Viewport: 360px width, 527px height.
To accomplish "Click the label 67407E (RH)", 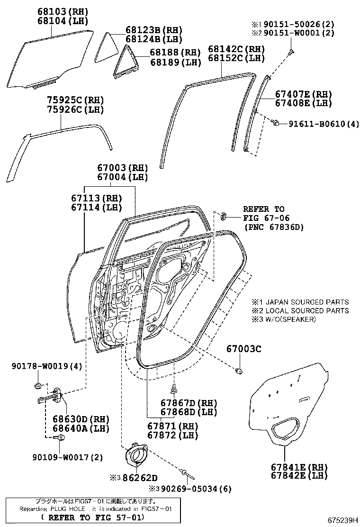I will coord(304,94).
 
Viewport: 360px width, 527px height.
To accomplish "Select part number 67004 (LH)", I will coord(122,177).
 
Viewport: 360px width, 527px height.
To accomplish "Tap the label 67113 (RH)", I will coord(96,198).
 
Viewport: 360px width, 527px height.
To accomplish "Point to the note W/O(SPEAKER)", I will coord(290,319).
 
